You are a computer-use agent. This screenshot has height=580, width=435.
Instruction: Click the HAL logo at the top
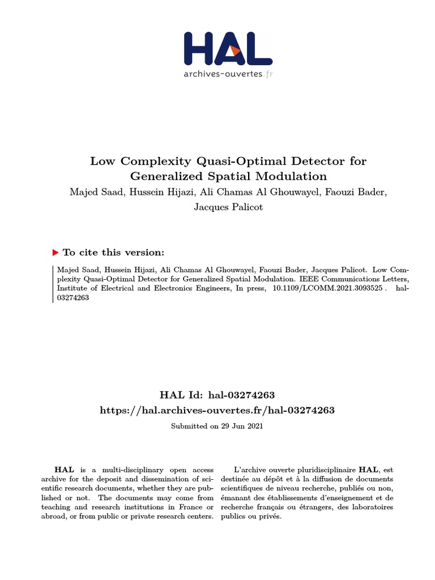[x=228, y=49]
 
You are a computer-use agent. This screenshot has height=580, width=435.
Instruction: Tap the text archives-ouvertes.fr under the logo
[x=228, y=74]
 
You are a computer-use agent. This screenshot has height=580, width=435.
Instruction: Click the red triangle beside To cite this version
[x=56, y=253]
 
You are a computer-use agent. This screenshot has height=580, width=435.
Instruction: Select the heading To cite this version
[x=113, y=253]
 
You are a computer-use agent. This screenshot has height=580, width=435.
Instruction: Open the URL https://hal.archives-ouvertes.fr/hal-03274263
[x=217, y=410]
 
